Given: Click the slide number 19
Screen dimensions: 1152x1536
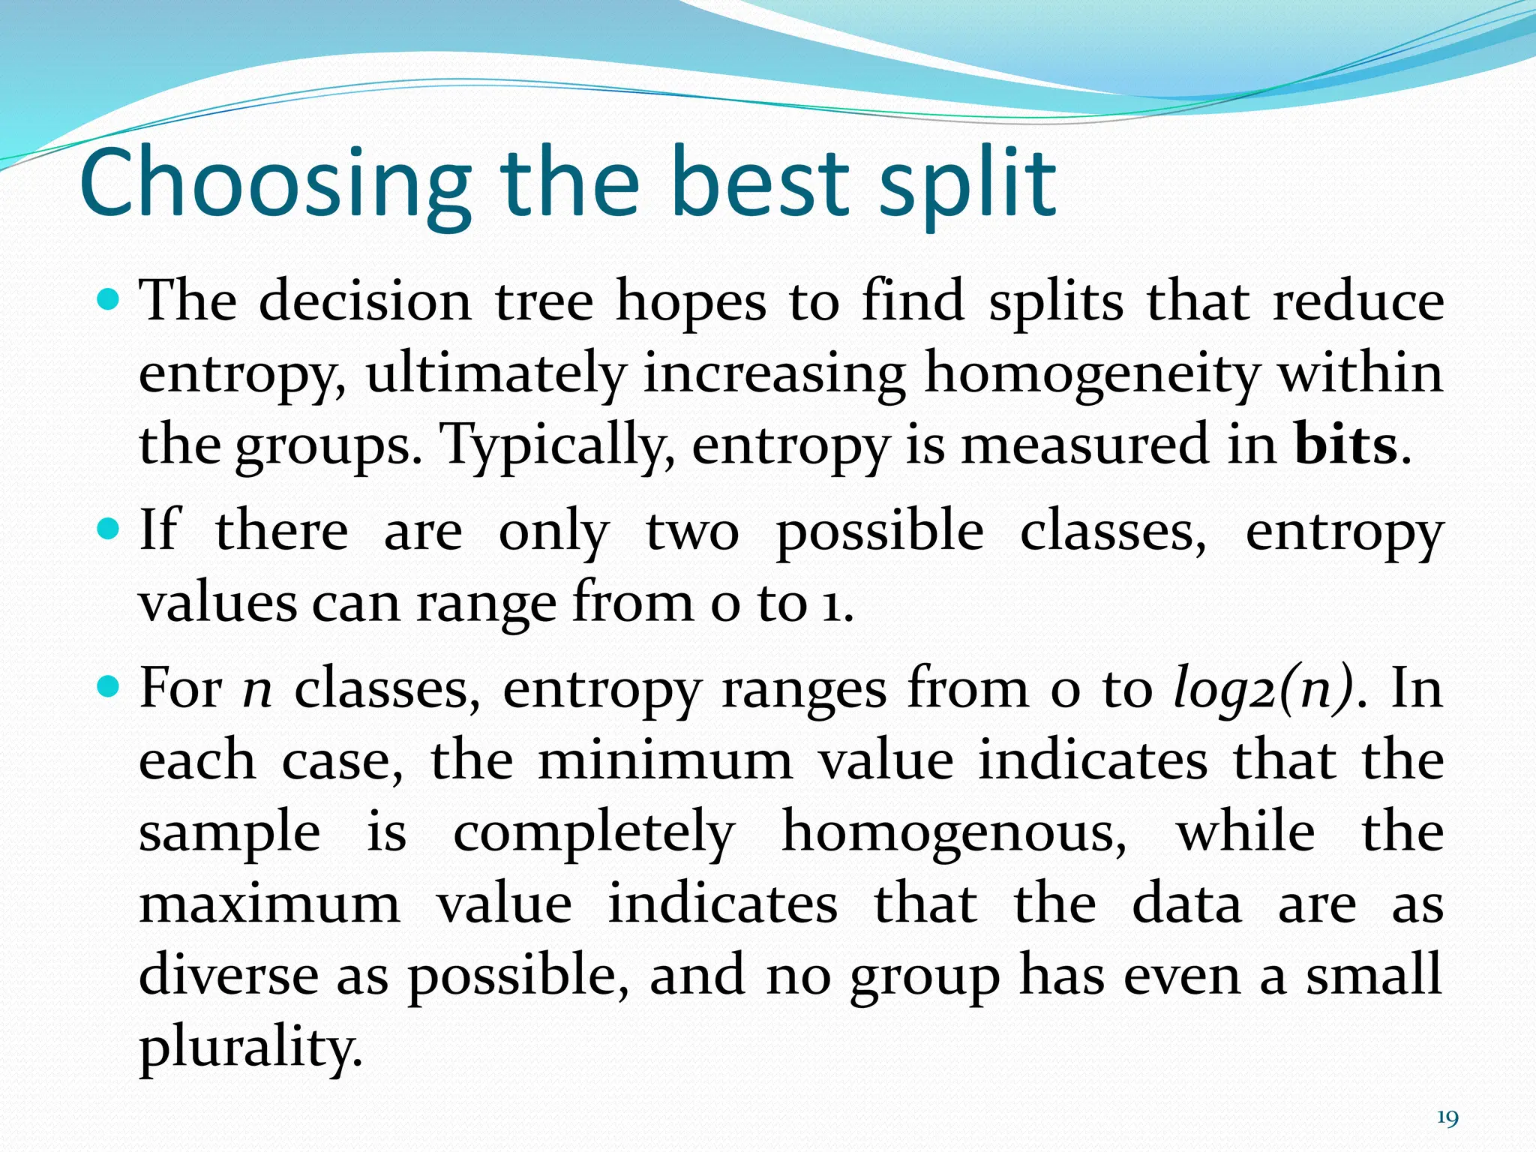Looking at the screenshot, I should (1447, 1118).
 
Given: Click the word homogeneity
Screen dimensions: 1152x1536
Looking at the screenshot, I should (1091, 373).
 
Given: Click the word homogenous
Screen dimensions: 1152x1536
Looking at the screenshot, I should (953, 832).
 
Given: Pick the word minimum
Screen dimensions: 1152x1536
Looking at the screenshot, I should (665, 760).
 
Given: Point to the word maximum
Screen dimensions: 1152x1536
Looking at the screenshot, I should (269, 904).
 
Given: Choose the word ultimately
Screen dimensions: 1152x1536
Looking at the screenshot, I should (495, 373).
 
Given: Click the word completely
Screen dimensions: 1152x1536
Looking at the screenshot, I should (593, 832).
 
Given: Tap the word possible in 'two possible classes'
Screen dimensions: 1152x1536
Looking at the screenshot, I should (879, 531).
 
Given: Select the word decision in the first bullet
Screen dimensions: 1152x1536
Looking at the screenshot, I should (365, 301).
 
